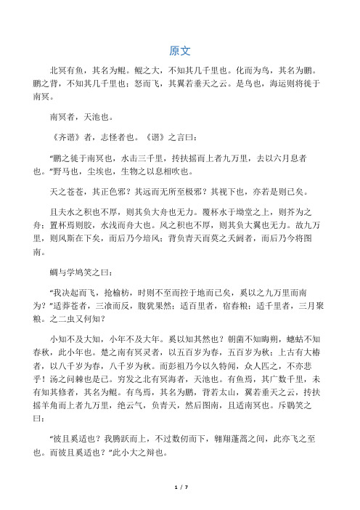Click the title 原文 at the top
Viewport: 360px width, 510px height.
[x=179, y=52]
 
